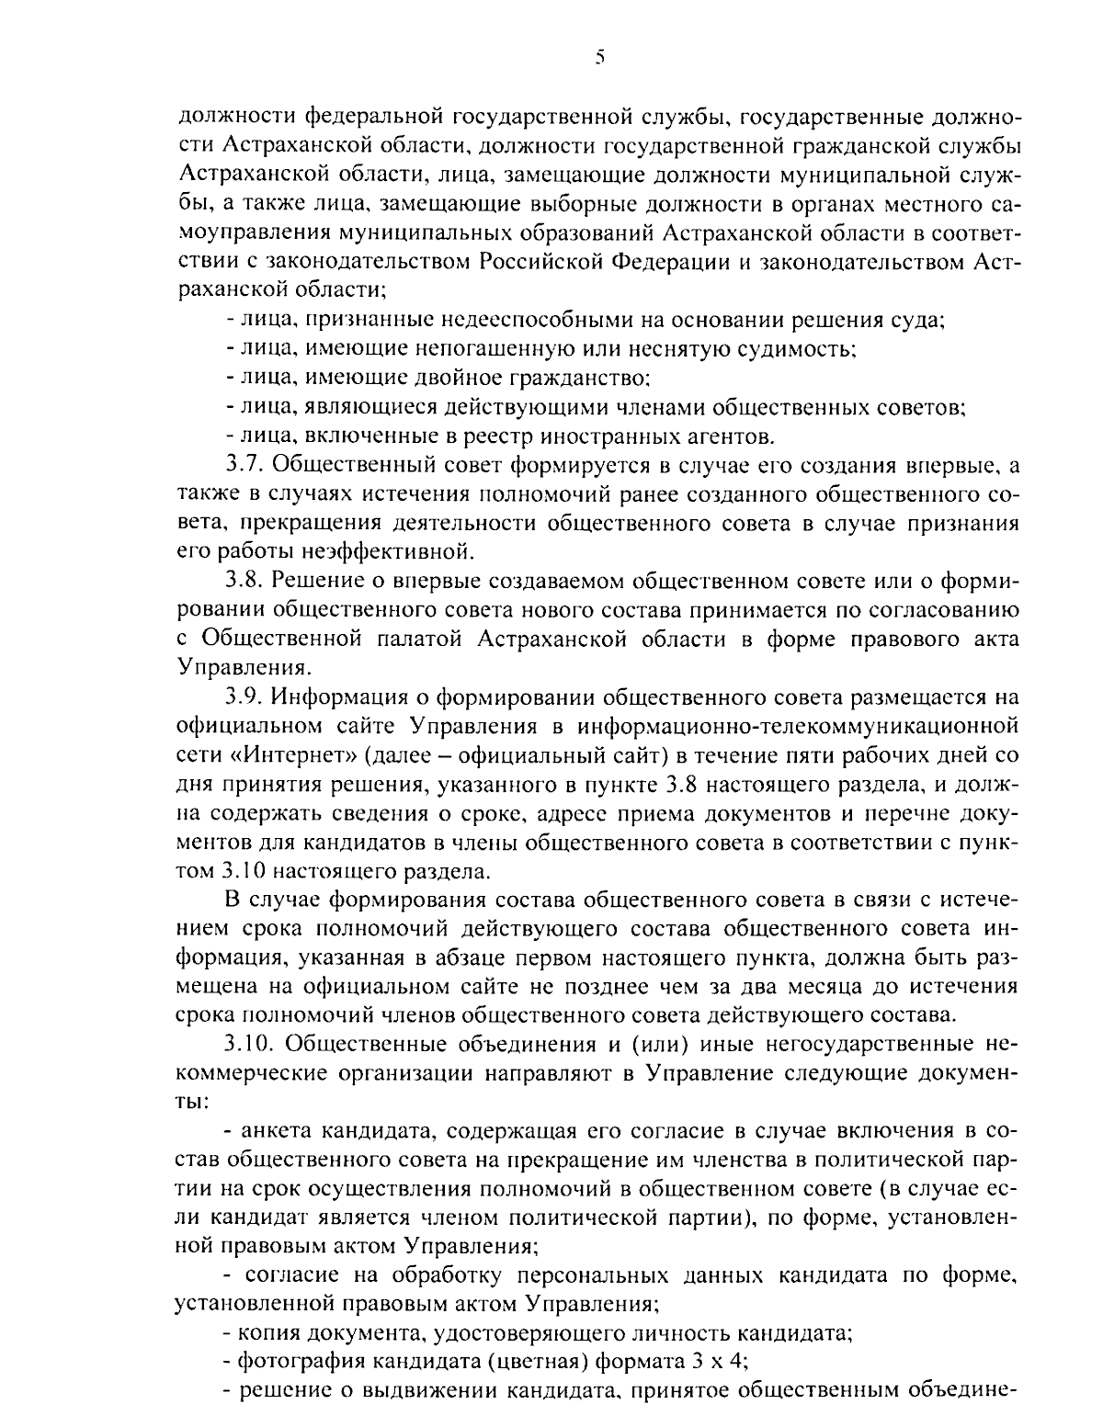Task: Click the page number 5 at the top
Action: pos(598,58)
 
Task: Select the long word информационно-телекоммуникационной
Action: pos(798,726)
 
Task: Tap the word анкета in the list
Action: pos(277,1129)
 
